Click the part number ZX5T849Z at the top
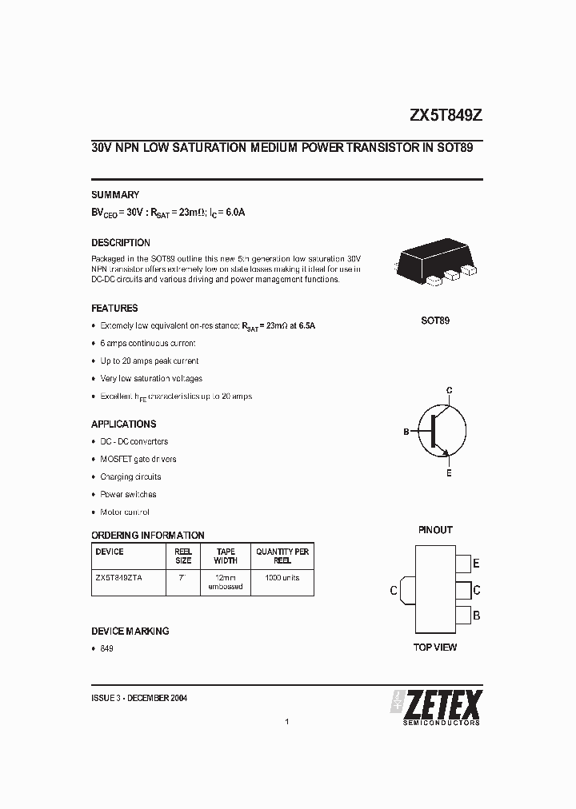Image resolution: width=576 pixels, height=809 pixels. point(446,115)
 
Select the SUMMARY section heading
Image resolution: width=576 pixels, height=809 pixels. point(115,195)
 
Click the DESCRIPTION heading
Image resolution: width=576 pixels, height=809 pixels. point(121,243)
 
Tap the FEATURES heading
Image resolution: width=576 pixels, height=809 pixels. point(114,309)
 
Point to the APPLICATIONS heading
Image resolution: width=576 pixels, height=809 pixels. point(124,424)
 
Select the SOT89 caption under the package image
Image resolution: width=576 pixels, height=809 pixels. point(435,321)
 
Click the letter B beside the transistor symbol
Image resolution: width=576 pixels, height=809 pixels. point(406,432)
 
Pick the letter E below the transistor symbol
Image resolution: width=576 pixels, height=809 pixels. point(449,473)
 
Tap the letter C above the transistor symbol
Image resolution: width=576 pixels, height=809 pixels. point(450,390)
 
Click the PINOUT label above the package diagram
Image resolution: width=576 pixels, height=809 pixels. point(435,530)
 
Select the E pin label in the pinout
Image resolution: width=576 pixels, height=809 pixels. point(476,564)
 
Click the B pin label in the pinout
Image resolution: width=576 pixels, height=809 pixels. point(476,616)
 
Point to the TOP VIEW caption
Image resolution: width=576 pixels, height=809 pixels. point(435,647)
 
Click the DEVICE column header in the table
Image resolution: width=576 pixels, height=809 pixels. point(110,552)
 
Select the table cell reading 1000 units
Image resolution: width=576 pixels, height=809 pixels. point(282,577)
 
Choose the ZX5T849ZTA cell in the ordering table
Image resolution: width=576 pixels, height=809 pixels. point(118,577)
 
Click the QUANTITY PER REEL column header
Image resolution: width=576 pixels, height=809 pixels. point(282,556)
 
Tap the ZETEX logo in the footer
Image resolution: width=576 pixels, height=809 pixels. point(436,707)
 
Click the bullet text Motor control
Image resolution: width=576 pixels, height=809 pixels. point(125,512)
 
